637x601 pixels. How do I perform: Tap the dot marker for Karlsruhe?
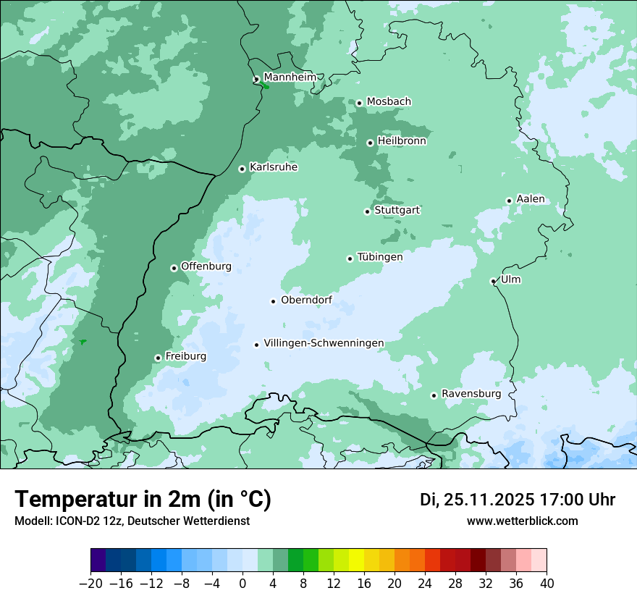[242, 169]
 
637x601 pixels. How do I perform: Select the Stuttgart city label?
[397, 210]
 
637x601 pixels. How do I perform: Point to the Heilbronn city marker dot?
[370, 143]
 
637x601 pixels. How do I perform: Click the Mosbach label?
[389, 102]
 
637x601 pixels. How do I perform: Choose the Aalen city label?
[531, 199]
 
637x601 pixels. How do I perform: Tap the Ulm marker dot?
[493, 281]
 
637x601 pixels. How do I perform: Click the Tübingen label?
[380, 257]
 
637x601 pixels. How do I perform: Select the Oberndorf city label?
[306, 300]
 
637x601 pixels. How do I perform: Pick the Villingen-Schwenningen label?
[324, 343]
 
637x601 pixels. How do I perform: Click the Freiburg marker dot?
[158, 358]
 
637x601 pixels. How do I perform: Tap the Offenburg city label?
[206, 266]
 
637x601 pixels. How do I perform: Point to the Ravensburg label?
[471, 394]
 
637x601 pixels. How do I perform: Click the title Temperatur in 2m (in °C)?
[143, 500]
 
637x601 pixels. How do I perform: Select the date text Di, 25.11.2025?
[477, 500]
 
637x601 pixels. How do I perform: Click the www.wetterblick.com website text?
[522, 521]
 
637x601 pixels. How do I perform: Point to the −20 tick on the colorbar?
[91, 584]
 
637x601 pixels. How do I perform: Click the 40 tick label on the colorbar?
[547, 584]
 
